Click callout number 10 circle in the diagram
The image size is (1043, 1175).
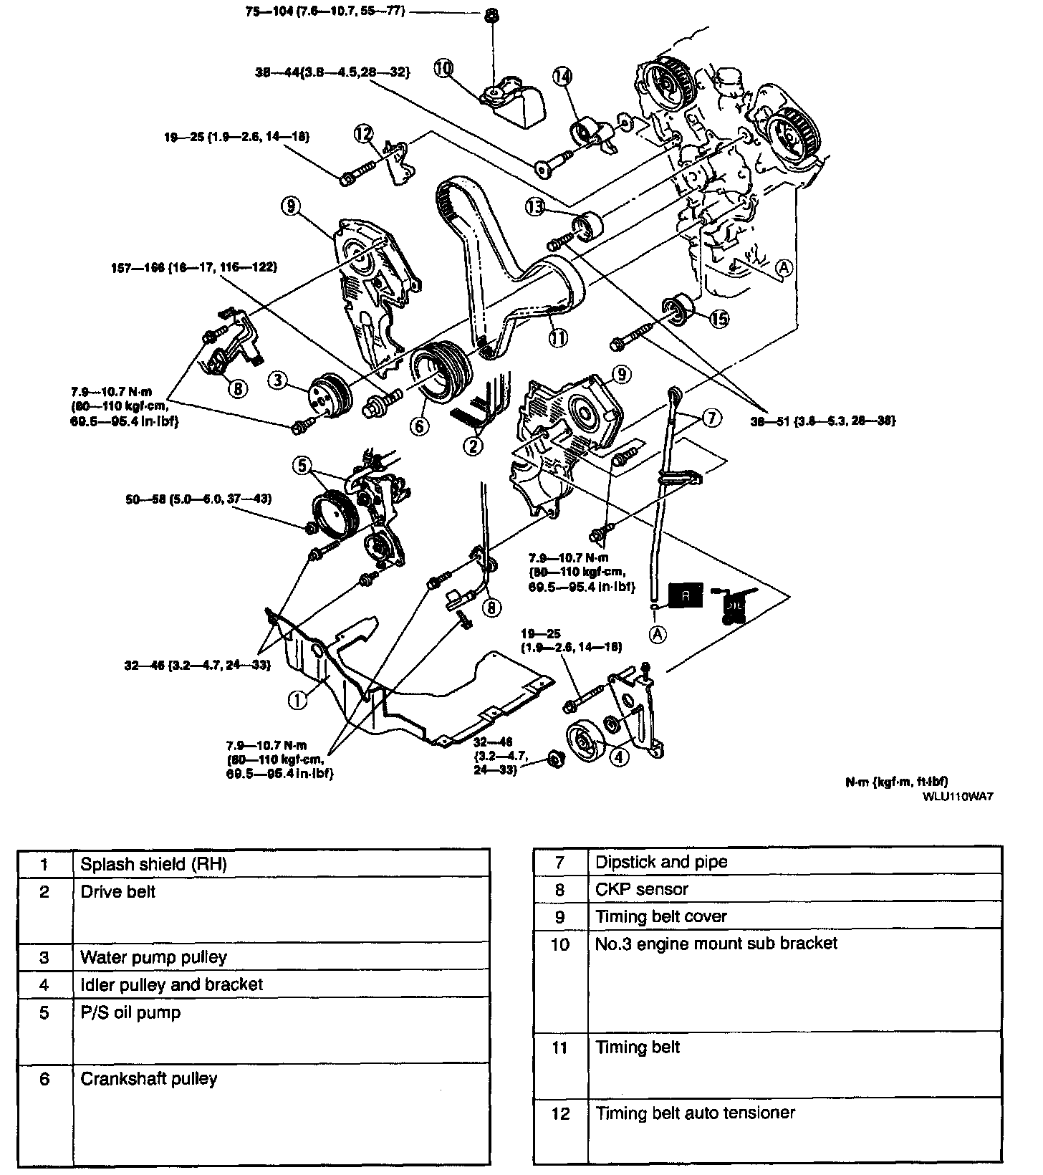[444, 68]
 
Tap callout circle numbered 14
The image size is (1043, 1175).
[562, 76]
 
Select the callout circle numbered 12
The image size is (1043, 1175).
[363, 133]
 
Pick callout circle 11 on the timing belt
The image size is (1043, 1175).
[558, 334]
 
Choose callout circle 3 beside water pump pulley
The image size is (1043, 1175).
[280, 380]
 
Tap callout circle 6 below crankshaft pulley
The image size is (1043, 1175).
[420, 425]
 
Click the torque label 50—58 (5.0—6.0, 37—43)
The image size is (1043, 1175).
[197, 499]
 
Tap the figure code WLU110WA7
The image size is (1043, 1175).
[958, 795]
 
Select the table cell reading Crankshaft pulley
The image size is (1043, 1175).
[149, 1079]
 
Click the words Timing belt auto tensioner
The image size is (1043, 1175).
[696, 1113]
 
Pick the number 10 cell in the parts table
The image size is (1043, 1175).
[559, 945]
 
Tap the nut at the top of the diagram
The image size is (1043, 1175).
[492, 14]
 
